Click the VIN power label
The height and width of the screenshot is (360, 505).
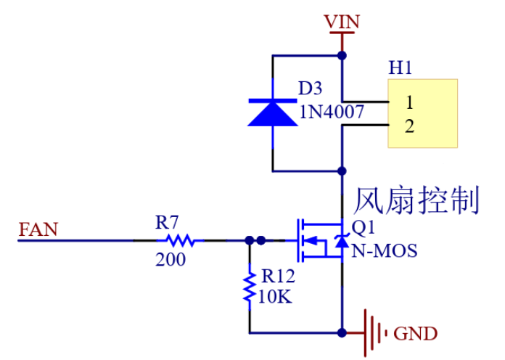click(342, 21)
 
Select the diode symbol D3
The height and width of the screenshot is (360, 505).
click(272, 112)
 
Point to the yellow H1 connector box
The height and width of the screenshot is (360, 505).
click(423, 113)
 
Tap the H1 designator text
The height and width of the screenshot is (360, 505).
click(401, 68)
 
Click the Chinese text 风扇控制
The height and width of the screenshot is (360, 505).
click(416, 200)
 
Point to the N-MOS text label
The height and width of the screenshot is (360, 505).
click(384, 251)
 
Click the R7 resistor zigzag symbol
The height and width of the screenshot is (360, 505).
click(178, 240)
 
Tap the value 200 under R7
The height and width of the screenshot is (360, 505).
click(171, 259)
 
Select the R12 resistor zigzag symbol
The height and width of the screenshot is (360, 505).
click(249, 287)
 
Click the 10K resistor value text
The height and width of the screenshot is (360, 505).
click(276, 295)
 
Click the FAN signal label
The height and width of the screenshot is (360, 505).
click(38, 230)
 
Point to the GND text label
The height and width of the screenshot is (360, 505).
click(415, 334)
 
